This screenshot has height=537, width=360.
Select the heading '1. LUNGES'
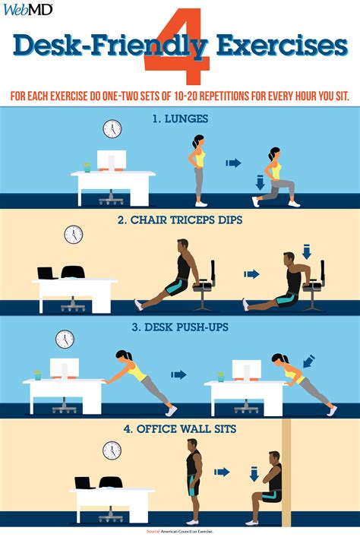point(180,118)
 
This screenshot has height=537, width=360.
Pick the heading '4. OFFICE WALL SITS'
point(180,429)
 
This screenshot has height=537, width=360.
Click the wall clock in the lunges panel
point(112,128)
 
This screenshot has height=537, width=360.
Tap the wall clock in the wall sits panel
point(112,450)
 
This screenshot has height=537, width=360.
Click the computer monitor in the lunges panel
point(112,162)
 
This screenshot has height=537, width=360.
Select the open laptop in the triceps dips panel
point(47,272)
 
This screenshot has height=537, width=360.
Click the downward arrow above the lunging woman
point(259,183)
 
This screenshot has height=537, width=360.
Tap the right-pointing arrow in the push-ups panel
point(179,374)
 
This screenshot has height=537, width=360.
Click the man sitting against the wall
point(270,482)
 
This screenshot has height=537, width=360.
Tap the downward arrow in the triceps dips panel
point(307,251)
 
